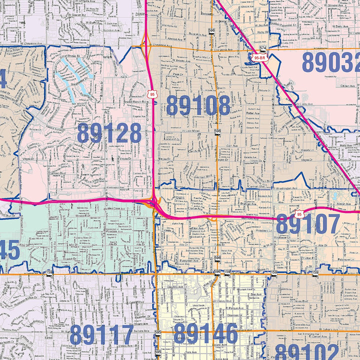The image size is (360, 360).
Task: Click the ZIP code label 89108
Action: [x=198, y=105]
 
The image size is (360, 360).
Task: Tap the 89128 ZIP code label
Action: [x=109, y=133]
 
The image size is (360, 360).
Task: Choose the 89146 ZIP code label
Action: [x=205, y=334]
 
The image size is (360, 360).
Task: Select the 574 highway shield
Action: [x=263, y=48]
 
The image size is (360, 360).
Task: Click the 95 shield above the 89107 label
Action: [x=298, y=213]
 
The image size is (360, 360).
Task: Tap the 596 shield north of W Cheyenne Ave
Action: [x=212, y=31]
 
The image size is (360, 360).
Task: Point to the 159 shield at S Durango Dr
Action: [x=49, y=272]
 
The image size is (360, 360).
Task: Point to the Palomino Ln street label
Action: [x=341, y=260]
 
